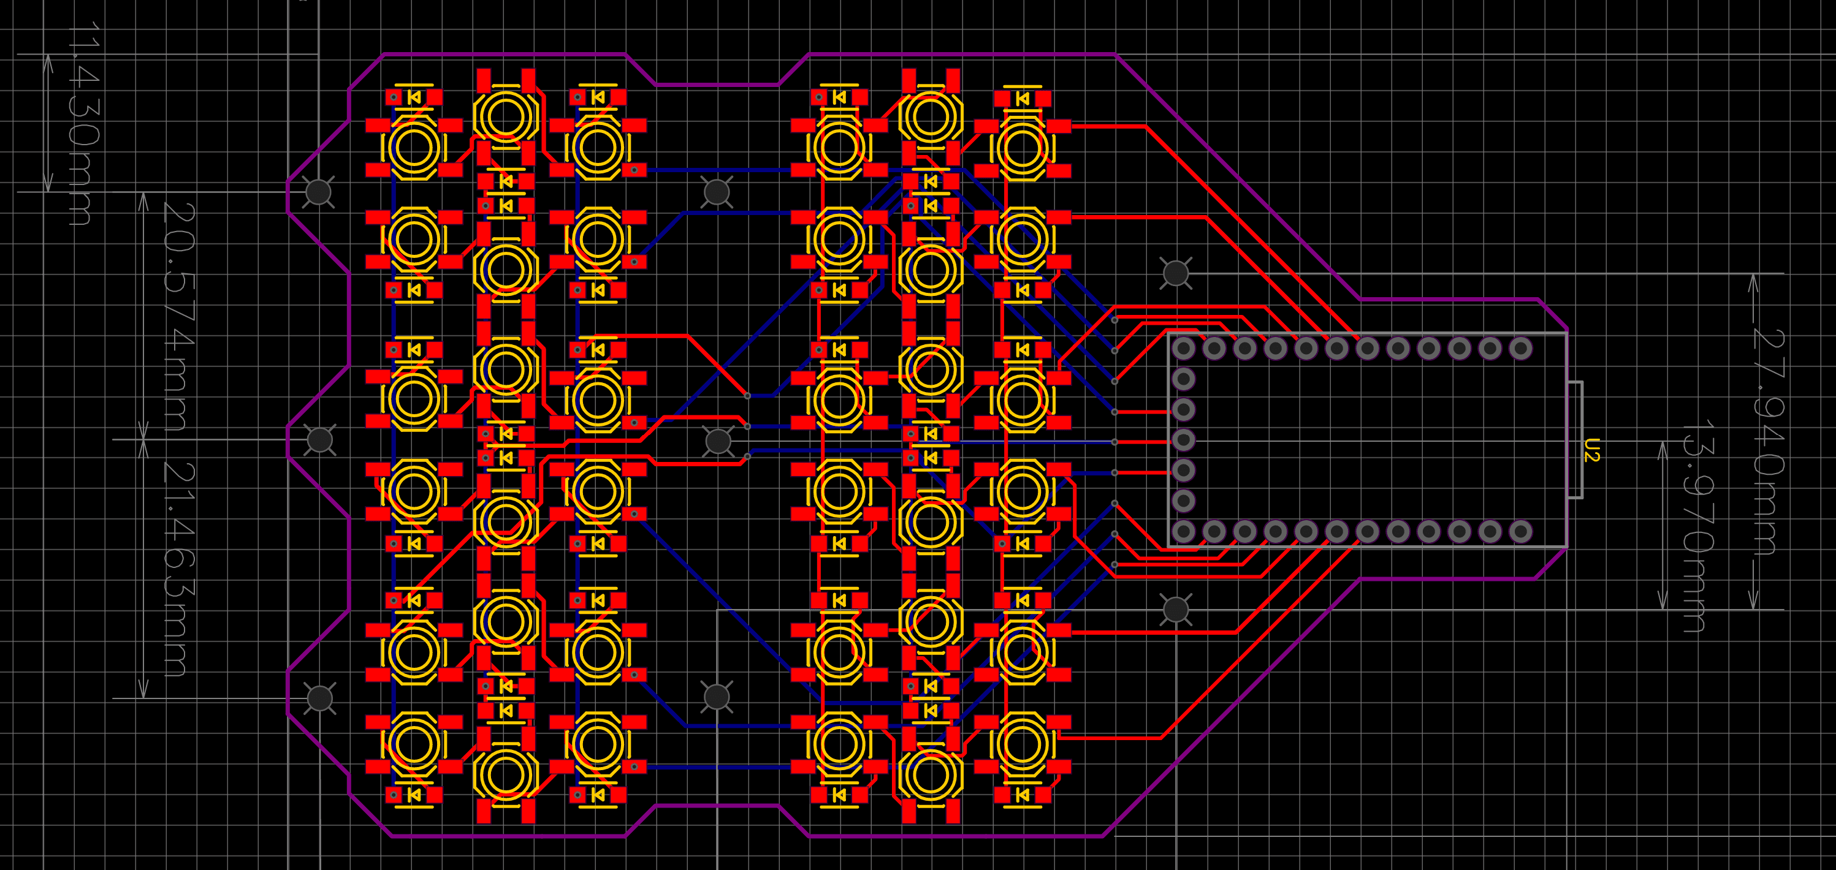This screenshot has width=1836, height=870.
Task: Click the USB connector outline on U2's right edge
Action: pos(1575,440)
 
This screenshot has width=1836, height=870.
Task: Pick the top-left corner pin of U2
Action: pos(1184,349)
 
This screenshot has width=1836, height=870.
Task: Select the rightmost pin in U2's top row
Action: pos(1521,349)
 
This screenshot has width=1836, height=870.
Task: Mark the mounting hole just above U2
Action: pos(1175,273)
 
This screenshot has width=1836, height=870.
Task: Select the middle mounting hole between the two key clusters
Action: pos(718,441)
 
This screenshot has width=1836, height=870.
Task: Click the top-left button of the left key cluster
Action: pos(413,148)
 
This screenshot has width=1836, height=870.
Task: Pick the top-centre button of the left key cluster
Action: pos(505,117)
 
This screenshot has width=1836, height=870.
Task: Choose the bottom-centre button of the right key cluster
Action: pos(930,775)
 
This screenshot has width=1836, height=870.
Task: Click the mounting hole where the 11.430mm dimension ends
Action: pos(319,192)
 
